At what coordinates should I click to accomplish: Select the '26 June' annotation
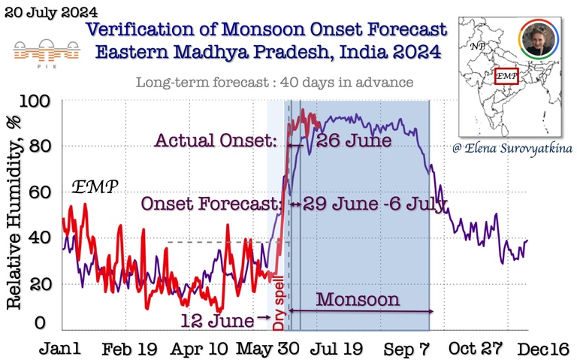(354, 141)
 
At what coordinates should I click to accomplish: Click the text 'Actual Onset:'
(216, 141)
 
